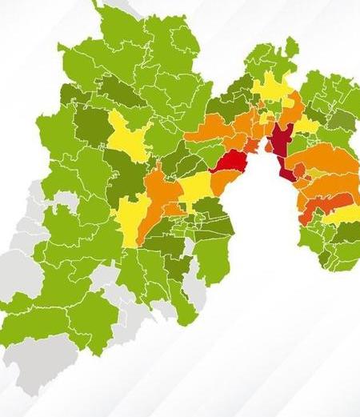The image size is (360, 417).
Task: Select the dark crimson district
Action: tap(280, 142)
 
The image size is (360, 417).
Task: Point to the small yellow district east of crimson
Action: tap(307, 125)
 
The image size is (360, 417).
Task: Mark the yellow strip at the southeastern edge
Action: tap(342, 215)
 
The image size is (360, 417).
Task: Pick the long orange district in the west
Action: tap(154, 200)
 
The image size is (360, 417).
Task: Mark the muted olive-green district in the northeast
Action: tap(342, 121)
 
